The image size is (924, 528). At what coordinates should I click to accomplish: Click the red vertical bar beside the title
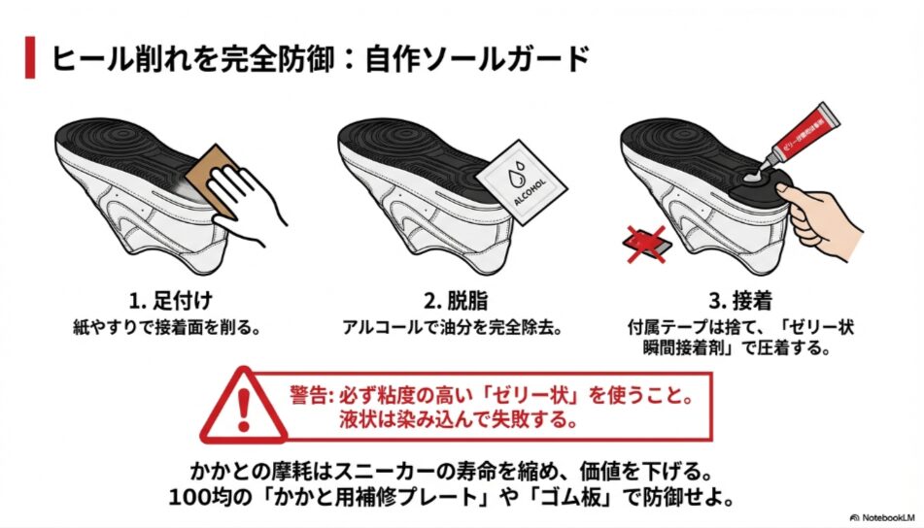[x=30, y=58]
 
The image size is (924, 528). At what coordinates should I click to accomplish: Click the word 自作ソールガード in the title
[x=477, y=58]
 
